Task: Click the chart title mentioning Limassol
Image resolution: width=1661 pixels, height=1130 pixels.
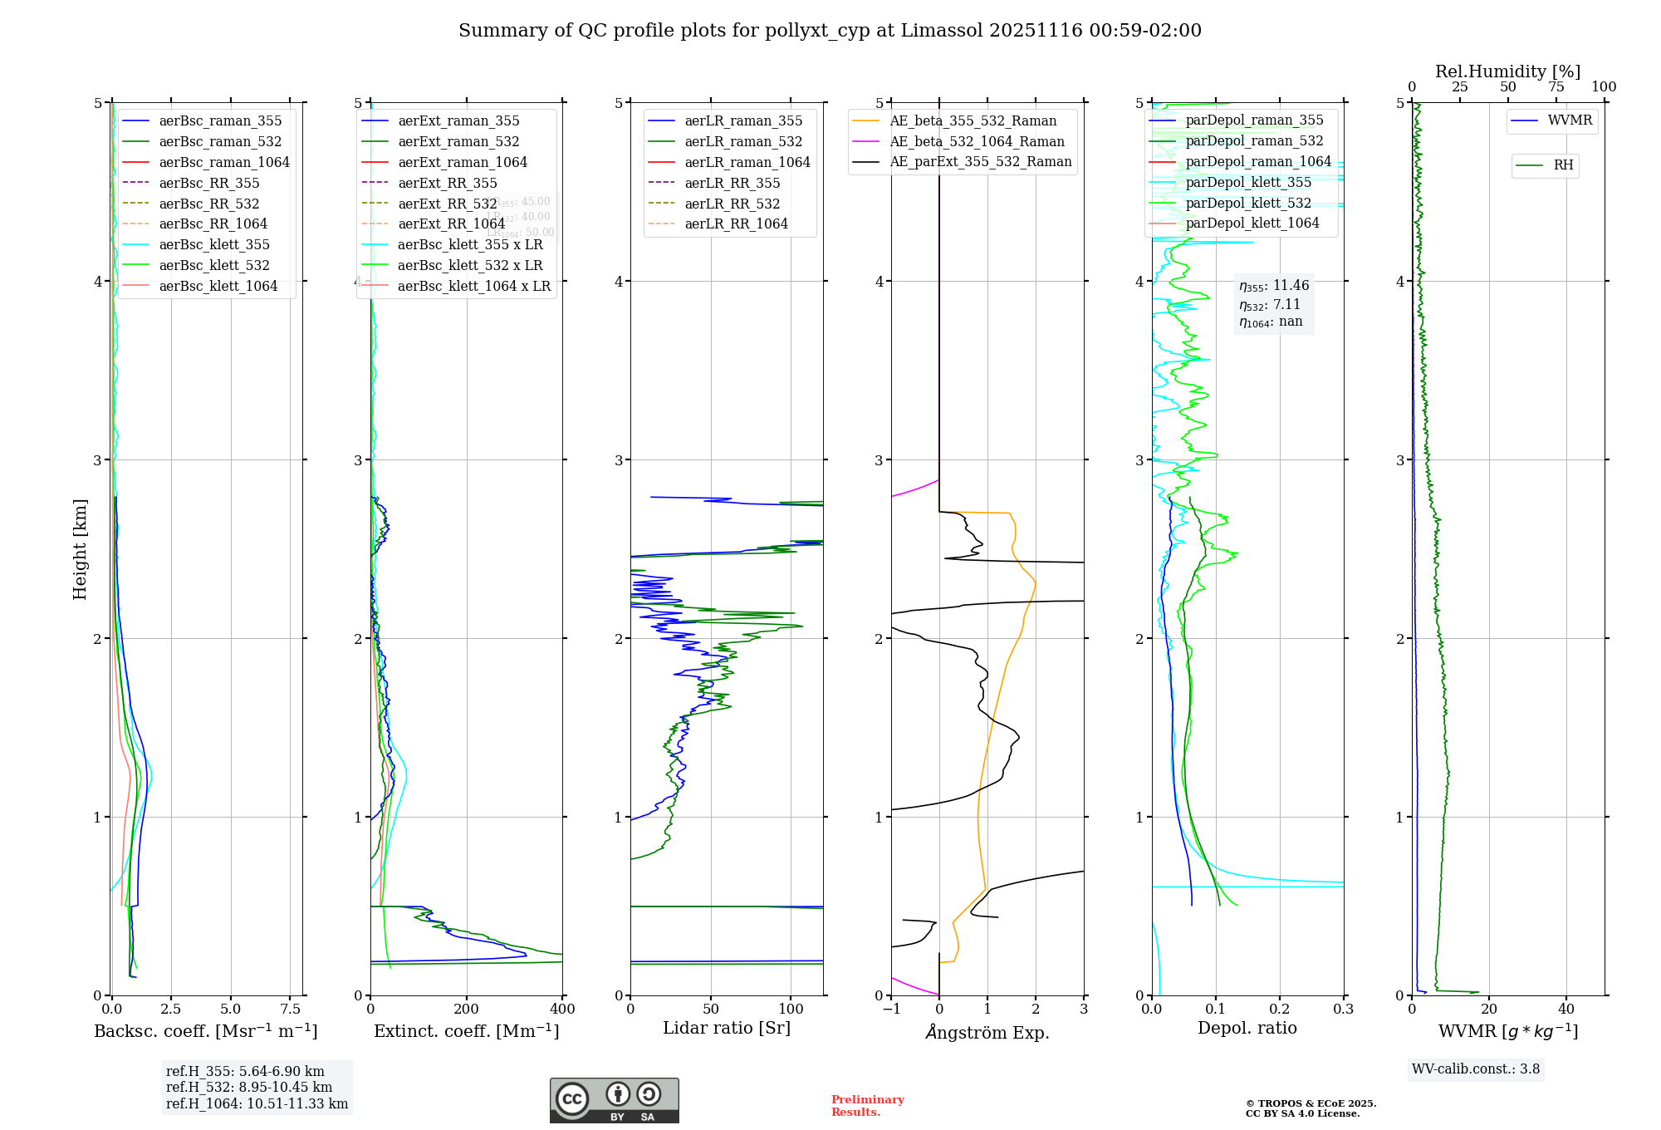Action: pyautogui.click(x=830, y=31)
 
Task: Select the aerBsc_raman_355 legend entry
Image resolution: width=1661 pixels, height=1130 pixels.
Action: pyautogui.click(x=220, y=121)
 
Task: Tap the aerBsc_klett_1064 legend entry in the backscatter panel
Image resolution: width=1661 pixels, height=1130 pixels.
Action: pyautogui.click(x=218, y=286)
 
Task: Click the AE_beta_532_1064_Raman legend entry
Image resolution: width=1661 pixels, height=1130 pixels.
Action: pyautogui.click(x=977, y=141)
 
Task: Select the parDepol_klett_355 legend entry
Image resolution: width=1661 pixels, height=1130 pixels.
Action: pyautogui.click(x=1248, y=182)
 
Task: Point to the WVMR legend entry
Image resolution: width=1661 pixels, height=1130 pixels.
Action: pyautogui.click(x=1570, y=120)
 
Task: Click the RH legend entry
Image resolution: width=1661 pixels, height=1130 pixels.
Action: pyautogui.click(x=1563, y=165)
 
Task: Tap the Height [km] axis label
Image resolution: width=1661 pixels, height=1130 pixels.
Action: pyautogui.click(x=80, y=549)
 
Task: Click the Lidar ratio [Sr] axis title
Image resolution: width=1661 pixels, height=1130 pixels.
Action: pyautogui.click(x=727, y=1028)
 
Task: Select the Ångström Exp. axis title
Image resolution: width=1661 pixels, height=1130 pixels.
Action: pyautogui.click(x=987, y=1032)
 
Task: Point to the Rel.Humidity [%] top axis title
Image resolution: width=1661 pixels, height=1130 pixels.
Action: pyautogui.click(x=1507, y=71)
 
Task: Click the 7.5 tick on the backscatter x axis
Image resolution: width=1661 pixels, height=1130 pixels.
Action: pyautogui.click(x=290, y=1010)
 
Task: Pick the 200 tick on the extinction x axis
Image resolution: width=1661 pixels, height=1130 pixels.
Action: pyautogui.click(x=467, y=1010)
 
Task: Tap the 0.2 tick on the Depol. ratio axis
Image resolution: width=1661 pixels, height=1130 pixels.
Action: pyautogui.click(x=1280, y=1010)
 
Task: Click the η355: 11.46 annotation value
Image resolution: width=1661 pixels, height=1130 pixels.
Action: pyautogui.click(x=1274, y=286)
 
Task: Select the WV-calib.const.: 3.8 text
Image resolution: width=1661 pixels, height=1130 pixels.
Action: pyautogui.click(x=1476, y=1069)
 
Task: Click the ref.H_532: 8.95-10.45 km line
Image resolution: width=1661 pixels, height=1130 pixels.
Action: pyautogui.click(x=249, y=1088)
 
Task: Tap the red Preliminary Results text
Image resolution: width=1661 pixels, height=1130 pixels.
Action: pyautogui.click(x=867, y=1106)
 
